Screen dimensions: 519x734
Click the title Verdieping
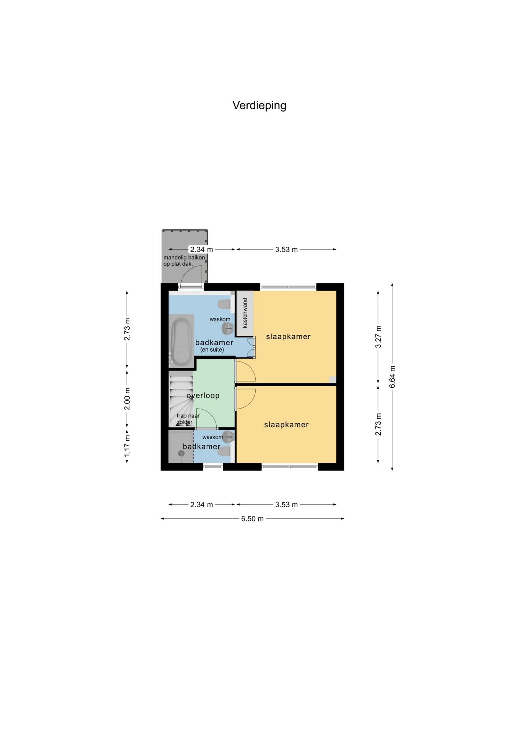[259, 105]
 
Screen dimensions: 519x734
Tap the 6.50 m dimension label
[252, 519]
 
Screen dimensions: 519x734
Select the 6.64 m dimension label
[392, 377]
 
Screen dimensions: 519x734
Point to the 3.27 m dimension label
[378, 336]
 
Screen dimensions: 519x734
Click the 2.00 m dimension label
[127, 399]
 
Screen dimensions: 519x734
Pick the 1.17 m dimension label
[127, 445]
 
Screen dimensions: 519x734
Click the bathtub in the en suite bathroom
[181, 341]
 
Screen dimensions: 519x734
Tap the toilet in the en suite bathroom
[224, 305]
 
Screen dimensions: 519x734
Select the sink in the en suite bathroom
[227, 328]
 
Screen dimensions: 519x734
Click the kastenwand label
[245, 313]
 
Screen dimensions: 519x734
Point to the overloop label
[203, 395]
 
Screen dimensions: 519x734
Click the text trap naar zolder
[188, 419]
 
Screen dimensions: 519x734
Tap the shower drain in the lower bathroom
[181, 453]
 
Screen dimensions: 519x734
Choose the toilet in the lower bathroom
[224, 451]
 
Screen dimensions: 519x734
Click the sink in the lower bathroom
[228, 436]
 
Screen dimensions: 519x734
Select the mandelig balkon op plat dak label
[184, 261]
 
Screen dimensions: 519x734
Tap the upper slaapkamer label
[288, 336]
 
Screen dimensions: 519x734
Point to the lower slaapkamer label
[286, 424]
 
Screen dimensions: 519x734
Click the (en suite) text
[212, 349]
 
